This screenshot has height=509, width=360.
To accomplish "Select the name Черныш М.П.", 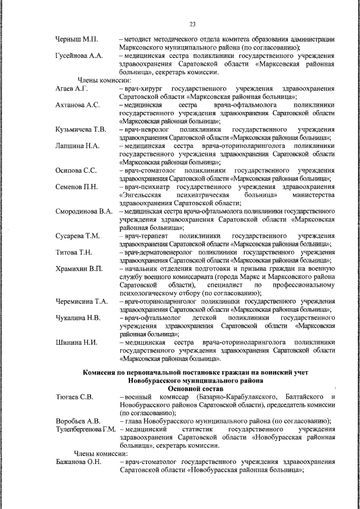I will (x=77, y=39).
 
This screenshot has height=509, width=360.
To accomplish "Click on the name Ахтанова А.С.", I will (x=78, y=105).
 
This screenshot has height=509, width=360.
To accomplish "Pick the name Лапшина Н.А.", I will (x=78, y=146).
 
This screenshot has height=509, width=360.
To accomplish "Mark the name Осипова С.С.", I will (x=76, y=171).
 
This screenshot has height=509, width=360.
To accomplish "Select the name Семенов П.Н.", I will (x=76, y=187).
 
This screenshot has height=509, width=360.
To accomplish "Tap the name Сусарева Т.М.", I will (x=78, y=236).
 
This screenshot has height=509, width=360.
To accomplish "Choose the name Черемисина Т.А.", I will (x=82, y=301).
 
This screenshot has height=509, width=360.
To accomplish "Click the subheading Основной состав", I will (x=195, y=389).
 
